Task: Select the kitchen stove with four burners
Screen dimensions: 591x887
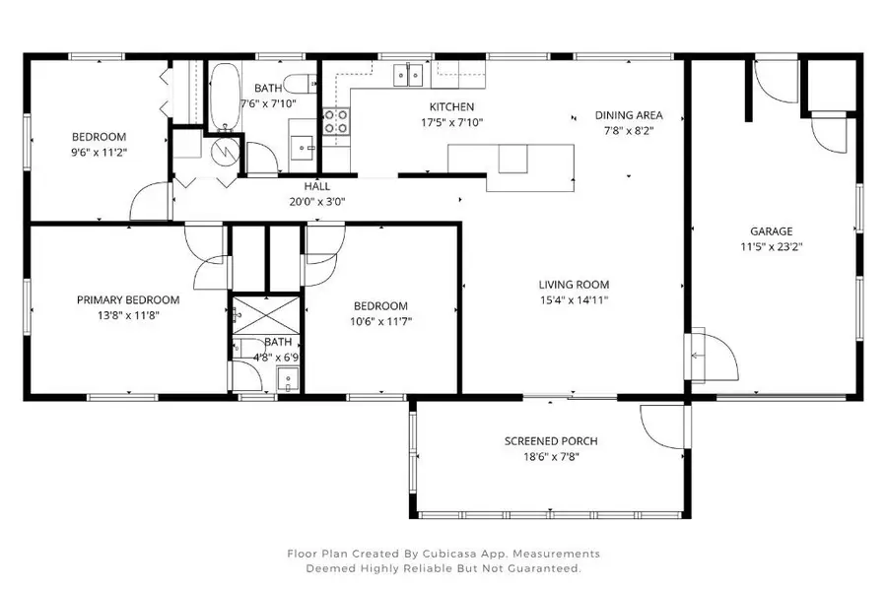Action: pos(335,120)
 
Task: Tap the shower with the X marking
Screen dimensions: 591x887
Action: pos(264,315)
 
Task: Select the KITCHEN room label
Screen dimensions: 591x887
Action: pos(451,106)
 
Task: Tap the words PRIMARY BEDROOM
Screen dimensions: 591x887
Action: pos(128,299)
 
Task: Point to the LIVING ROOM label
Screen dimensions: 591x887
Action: pos(573,286)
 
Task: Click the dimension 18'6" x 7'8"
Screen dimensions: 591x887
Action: pos(551,457)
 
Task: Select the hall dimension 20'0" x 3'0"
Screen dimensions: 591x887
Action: pos(316,201)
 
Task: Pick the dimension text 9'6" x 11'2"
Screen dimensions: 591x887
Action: pos(99,153)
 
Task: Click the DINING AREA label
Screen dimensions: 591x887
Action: pos(629,114)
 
